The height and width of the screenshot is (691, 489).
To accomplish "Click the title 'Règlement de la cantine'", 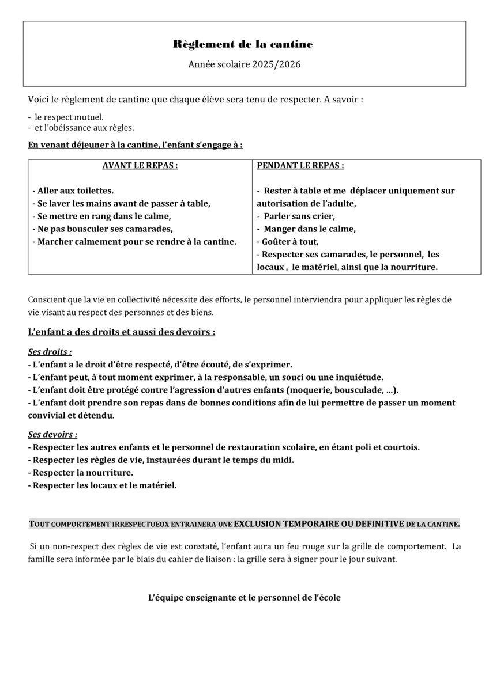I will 243,44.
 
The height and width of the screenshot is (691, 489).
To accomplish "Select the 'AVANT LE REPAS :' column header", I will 140,165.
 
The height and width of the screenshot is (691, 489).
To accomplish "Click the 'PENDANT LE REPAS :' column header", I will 300,165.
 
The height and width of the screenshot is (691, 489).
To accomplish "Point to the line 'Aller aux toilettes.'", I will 75,191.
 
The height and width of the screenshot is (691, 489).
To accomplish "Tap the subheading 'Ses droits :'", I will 50,351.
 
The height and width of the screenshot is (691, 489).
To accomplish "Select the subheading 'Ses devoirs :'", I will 52,434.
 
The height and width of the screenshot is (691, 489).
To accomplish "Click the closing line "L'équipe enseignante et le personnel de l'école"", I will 245,597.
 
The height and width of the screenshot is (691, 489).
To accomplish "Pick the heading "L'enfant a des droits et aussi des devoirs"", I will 121,332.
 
